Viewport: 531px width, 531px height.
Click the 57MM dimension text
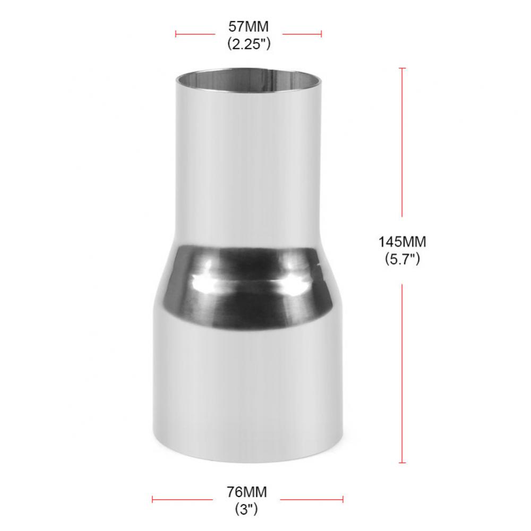pos(249,27)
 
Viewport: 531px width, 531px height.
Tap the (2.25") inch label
pos(249,44)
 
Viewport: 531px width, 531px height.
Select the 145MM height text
pos(402,242)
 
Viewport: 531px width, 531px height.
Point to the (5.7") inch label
pos(402,259)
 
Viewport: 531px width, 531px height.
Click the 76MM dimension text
pos(247,492)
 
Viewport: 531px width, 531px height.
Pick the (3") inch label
pos(246,509)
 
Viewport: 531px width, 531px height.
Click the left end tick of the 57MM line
pos(176,33)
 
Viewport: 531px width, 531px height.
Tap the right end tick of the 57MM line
pos(321,33)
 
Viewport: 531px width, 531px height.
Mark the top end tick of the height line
pos(402,68)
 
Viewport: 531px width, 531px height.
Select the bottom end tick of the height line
pos(402,463)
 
